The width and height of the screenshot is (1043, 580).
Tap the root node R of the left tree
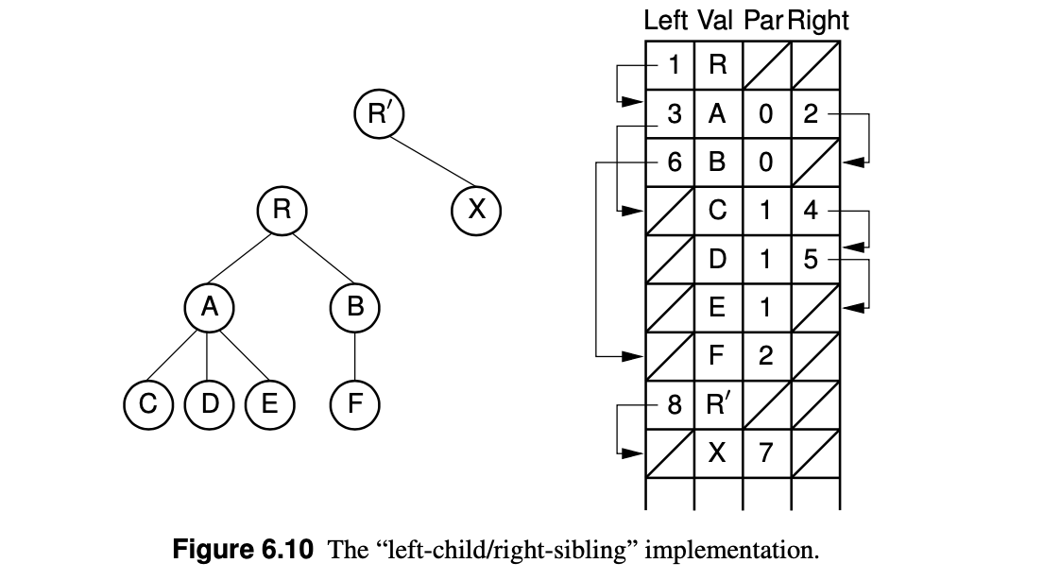[x=281, y=210]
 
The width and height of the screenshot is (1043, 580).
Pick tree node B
[x=354, y=307]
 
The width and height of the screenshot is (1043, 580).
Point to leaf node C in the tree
[x=147, y=404]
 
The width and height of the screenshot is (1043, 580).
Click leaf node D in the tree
[x=208, y=404]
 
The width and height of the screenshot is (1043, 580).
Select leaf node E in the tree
[x=268, y=404]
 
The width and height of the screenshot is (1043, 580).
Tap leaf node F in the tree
[x=354, y=404]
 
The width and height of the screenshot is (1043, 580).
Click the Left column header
[x=666, y=20]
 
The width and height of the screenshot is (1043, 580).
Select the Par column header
[x=763, y=20]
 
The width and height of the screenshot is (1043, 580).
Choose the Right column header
[x=818, y=20]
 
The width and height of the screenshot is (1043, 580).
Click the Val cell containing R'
[x=718, y=405]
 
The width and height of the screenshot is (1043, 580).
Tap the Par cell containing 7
[x=765, y=453]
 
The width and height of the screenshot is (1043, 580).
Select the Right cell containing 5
[x=812, y=259]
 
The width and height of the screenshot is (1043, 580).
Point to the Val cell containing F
[x=718, y=356]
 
